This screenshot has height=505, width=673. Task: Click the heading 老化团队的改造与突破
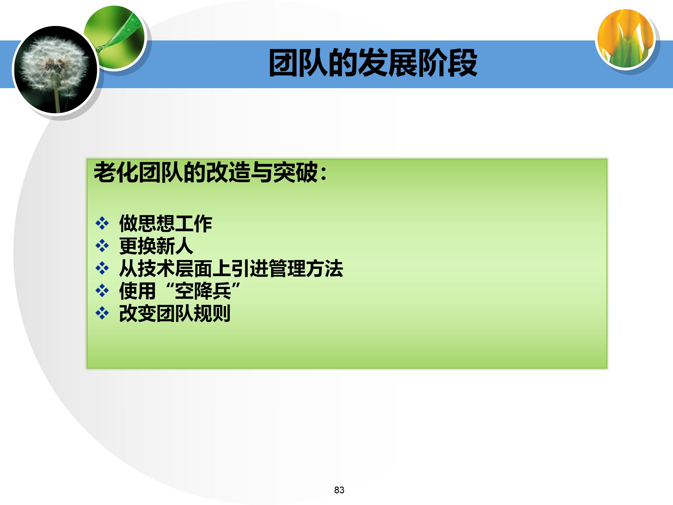[210, 172]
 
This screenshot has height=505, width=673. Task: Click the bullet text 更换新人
[156, 246]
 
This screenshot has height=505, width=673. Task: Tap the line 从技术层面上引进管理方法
[231, 268]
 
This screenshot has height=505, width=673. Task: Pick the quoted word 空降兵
[203, 291]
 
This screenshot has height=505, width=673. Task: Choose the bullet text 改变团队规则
[175, 313]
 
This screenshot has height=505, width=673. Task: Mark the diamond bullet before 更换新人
[102, 246]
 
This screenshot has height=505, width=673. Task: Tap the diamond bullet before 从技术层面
[102, 268]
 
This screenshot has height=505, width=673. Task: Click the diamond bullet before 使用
[102, 291]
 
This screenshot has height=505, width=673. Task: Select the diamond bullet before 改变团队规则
[102, 313]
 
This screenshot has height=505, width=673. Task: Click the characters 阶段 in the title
[447, 63]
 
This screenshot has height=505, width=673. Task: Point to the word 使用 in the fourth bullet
[137, 291]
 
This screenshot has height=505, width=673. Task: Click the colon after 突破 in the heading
[323, 173]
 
